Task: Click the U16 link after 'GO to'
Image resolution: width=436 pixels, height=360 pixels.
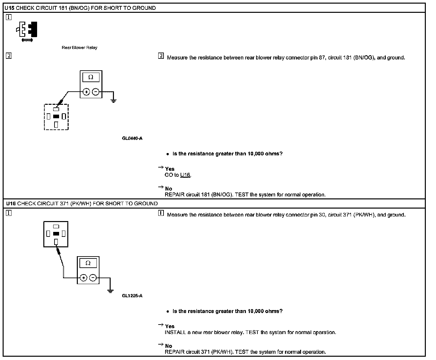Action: (185, 175)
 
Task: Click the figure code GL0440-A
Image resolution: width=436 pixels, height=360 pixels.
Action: (132, 138)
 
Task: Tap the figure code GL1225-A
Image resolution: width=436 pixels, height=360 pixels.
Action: (132, 296)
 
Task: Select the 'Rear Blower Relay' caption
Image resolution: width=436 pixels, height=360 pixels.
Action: (79, 48)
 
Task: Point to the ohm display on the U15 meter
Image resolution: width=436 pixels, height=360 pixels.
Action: (91, 78)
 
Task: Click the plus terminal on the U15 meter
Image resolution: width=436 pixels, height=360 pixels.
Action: (86, 92)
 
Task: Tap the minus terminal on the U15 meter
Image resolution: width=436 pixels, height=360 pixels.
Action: (96, 92)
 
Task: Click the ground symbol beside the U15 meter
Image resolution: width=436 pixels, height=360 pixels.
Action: (114, 101)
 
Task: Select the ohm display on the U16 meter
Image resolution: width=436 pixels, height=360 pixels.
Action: (88, 263)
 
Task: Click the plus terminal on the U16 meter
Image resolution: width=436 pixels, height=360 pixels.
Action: (83, 278)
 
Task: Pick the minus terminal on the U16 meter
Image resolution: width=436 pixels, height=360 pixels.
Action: (93, 278)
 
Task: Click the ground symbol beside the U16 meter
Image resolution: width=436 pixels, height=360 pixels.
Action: (111, 290)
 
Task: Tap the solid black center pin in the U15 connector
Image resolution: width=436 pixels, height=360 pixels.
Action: (56, 116)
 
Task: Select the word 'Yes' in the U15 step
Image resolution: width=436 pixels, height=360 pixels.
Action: (170, 169)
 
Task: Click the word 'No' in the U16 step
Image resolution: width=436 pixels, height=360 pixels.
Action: (168, 346)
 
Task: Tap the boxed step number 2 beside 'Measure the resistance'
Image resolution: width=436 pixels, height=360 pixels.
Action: (161, 56)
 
